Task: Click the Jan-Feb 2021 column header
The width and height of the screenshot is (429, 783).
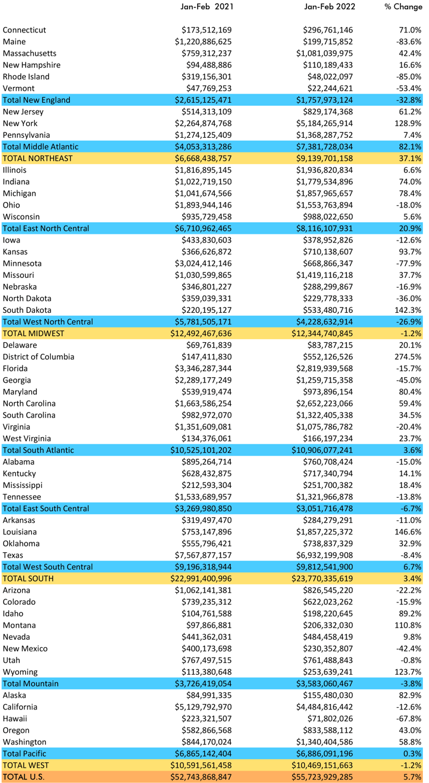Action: (x=207, y=7)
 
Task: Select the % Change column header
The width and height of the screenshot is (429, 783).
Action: (x=403, y=7)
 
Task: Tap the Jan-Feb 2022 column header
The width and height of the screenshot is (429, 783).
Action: (x=329, y=7)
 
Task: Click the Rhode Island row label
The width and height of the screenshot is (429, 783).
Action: (x=26, y=77)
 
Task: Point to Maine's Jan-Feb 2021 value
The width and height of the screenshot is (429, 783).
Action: (x=203, y=42)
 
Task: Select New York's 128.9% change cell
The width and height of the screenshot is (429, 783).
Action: (x=408, y=124)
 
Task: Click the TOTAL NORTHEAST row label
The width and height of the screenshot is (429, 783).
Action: (x=38, y=159)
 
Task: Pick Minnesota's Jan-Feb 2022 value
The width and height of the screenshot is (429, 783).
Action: (x=328, y=264)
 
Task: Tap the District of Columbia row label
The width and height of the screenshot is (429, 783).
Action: (x=39, y=357)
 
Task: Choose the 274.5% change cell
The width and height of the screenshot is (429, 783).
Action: (x=408, y=357)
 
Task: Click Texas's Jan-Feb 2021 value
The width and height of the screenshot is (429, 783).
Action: (x=203, y=555)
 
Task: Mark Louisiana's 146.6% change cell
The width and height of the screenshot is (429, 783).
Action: (x=408, y=532)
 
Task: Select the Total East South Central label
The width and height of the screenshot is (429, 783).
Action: (x=46, y=509)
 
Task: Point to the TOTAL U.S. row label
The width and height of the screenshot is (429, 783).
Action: (x=24, y=777)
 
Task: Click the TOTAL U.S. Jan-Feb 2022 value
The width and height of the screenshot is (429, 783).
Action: (x=323, y=777)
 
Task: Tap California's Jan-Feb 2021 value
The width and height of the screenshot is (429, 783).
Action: (x=203, y=707)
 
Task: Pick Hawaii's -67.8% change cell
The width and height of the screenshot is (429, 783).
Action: (x=409, y=719)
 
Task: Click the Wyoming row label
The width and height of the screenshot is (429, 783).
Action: (x=20, y=672)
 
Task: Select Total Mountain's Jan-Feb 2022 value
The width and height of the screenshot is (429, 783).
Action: (x=324, y=684)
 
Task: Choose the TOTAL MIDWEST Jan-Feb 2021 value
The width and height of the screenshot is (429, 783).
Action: (x=201, y=334)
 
